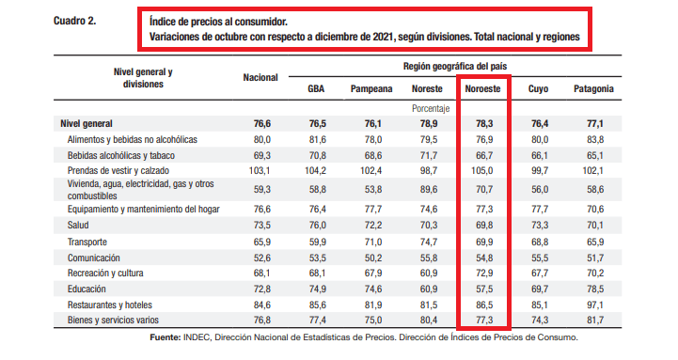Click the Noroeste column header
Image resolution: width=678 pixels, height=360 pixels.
482,88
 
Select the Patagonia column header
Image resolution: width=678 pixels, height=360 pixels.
593,88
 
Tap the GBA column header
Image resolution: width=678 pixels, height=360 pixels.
316,88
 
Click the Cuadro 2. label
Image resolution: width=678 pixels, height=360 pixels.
75,21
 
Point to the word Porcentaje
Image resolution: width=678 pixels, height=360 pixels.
431,108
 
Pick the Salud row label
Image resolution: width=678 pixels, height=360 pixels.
78,226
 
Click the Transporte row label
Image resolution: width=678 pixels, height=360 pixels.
87,242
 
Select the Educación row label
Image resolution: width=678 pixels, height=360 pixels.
87,289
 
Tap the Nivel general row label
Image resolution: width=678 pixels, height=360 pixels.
87,123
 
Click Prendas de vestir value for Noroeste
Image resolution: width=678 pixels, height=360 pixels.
482,170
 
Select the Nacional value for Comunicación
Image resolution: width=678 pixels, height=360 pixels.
261,258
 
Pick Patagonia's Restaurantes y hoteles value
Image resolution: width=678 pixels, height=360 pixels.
595,305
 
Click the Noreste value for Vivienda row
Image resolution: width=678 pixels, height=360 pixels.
429,189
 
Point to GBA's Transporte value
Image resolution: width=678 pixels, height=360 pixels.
318,242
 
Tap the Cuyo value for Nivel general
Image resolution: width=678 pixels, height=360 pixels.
540,123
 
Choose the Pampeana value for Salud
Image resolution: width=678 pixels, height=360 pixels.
372,226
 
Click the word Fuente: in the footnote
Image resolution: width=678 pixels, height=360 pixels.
166,337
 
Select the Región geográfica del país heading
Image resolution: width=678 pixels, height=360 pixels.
455,66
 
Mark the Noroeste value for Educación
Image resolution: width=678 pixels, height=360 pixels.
484,289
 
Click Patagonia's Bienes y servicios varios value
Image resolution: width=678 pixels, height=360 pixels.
595,321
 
